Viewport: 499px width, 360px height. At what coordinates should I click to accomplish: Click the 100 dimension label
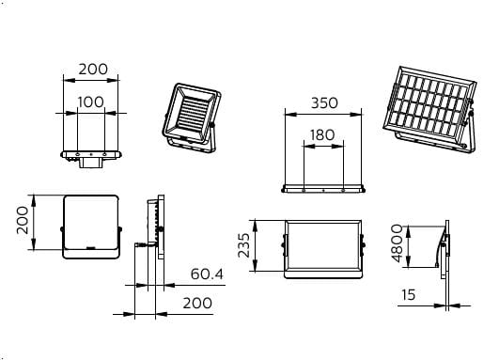click(91, 102)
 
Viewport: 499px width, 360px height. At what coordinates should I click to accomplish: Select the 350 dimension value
click(324, 103)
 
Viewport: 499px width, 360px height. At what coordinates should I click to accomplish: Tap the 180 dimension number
click(322, 135)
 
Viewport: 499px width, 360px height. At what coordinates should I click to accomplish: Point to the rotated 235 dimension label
click(244, 245)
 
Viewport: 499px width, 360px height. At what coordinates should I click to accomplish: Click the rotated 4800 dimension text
click(398, 243)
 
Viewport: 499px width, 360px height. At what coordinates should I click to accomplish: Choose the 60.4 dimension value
click(207, 274)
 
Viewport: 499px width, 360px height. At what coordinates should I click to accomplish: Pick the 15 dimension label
click(408, 295)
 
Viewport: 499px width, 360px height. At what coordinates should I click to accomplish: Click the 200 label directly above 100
click(93, 70)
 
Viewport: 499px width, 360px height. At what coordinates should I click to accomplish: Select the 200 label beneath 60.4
click(197, 303)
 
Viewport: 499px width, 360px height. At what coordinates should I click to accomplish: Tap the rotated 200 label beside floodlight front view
click(23, 220)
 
